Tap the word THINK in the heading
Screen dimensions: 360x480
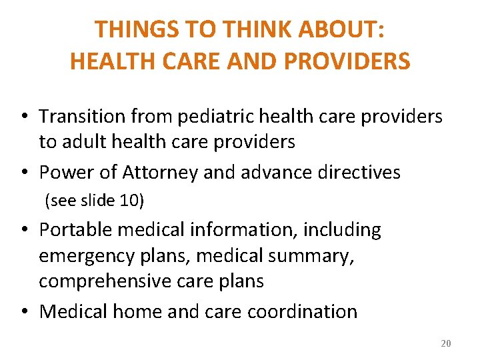249,29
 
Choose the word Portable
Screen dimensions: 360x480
74,230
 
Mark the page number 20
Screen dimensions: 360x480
446,343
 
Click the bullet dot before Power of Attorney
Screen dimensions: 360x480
23,173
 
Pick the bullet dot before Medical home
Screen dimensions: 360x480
23,312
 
